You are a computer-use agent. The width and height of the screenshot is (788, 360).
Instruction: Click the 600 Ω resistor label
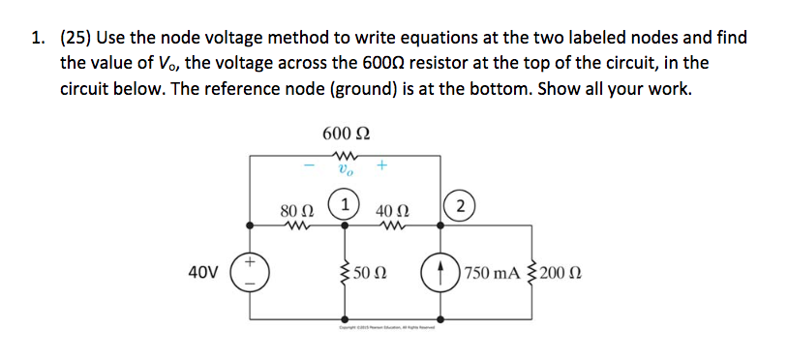click(347, 133)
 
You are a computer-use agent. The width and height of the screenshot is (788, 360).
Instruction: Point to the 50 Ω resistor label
click(373, 272)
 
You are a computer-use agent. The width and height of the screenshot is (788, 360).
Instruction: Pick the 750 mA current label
click(491, 272)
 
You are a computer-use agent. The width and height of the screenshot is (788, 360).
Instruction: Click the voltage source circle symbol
click(252, 272)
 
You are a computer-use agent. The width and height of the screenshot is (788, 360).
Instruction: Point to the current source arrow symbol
click(440, 272)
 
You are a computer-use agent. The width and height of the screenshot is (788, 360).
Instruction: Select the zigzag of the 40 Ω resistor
click(391, 225)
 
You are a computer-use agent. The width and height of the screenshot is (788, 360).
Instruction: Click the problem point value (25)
click(74, 39)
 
